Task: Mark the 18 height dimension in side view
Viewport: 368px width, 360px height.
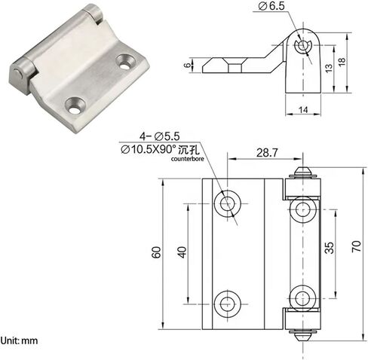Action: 341,61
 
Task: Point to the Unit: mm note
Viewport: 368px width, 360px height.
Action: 20,341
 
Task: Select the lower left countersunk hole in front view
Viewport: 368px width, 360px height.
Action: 227,304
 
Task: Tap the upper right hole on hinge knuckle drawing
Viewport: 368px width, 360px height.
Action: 303,209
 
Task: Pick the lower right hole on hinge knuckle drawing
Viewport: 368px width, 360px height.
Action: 303,295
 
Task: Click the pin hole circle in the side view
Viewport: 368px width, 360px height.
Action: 303,47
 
